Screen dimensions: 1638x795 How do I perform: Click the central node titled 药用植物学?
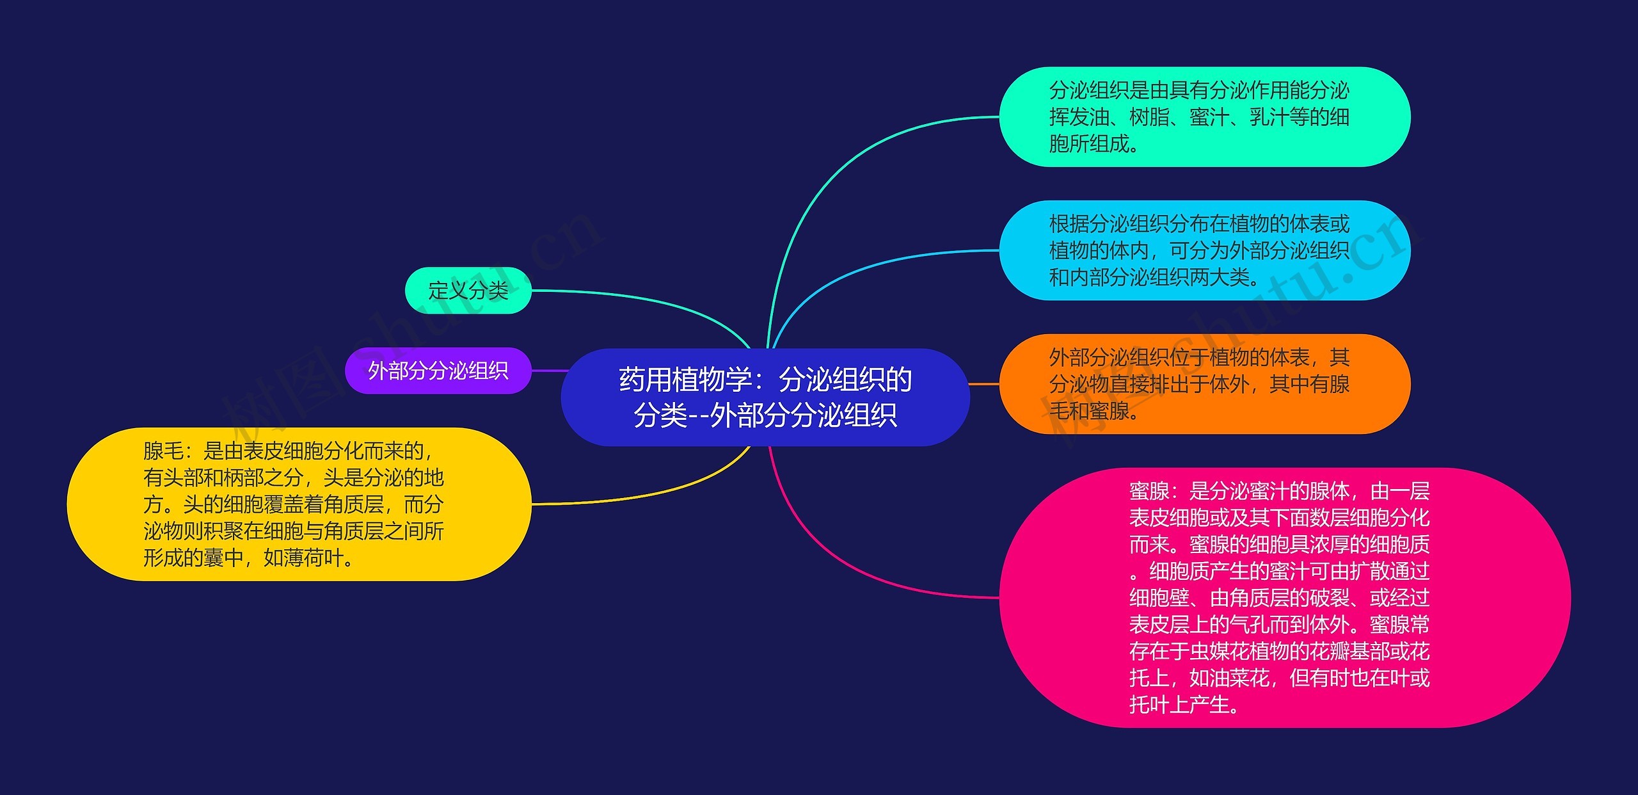pos(765,397)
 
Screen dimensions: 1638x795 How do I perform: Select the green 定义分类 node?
pos(468,291)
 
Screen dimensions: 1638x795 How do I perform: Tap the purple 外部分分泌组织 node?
pos(438,371)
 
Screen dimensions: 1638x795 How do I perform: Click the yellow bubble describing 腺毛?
pos(299,504)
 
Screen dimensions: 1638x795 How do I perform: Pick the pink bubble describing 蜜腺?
pos(1285,597)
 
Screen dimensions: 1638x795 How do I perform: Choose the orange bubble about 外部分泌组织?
pos(1205,384)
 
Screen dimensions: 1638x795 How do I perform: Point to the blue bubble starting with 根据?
pos(1205,250)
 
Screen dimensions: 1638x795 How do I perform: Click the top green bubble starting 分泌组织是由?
pos(1205,116)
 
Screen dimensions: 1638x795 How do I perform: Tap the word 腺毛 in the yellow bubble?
pos(163,451)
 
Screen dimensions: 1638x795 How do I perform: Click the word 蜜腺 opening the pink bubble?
pos(1149,491)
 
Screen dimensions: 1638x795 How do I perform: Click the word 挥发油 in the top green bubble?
pos(1079,117)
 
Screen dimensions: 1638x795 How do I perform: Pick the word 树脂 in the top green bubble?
pos(1149,117)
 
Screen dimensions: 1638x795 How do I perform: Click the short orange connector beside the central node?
pos(985,384)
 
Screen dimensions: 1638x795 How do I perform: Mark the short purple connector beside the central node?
pos(550,371)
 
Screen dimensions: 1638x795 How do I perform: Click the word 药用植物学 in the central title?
pos(685,380)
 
